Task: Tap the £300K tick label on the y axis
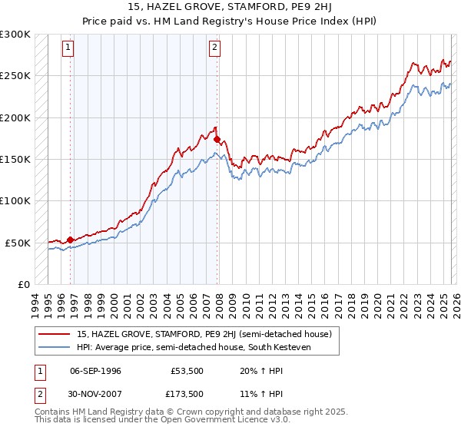(x=15, y=35)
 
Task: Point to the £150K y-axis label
(x=15, y=159)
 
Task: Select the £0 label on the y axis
(x=23, y=284)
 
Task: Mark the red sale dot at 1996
(x=70, y=240)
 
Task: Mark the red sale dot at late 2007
(x=217, y=140)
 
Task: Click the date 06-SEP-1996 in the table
(x=95, y=371)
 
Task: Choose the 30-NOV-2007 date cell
(x=96, y=394)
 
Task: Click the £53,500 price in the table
(x=187, y=371)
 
